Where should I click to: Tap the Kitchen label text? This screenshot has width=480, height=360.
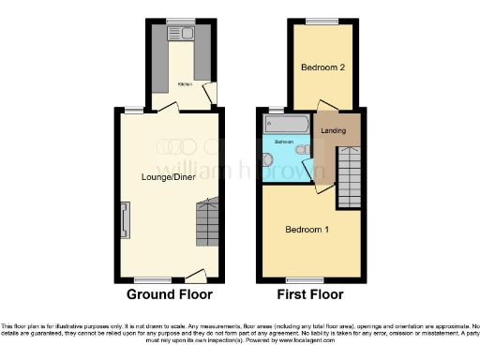pos(185,83)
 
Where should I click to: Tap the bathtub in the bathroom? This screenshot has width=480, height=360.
pos(285,124)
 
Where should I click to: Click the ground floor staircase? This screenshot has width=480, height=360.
pos(207,225)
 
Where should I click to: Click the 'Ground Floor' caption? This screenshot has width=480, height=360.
pos(169,293)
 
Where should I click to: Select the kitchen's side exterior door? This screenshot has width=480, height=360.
pos(213,93)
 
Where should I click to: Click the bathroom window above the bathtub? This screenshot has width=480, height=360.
pos(277,110)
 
